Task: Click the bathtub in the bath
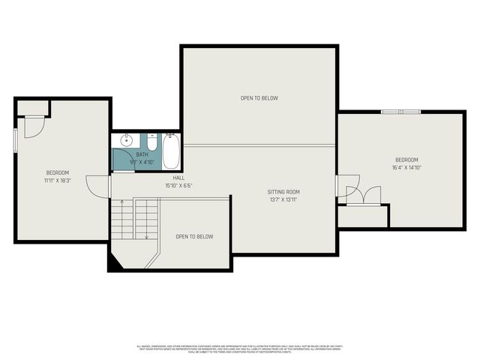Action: (x=170, y=151)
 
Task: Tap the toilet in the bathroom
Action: (x=151, y=142)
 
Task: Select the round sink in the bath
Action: (x=126, y=140)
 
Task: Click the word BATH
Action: (x=142, y=154)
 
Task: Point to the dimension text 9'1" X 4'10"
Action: (x=142, y=161)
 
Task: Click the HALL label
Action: (x=178, y=178)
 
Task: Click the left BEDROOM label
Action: (x=57, y=172)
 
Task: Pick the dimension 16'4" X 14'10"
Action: (x=406, y=168)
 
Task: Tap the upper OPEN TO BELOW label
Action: (x=259, y=97)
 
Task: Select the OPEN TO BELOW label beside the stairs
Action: (x=194, y=236)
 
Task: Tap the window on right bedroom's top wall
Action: (x=400, y=112)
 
